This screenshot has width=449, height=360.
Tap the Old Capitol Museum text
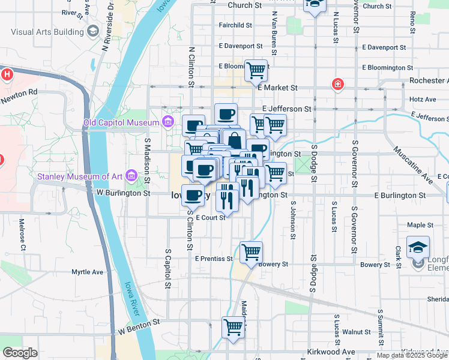122,123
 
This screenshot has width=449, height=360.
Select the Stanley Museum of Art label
80,176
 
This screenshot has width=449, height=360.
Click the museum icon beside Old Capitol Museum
168,123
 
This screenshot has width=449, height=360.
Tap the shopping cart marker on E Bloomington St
256,70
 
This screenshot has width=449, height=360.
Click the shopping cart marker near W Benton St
233,327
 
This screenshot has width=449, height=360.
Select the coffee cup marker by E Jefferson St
226,113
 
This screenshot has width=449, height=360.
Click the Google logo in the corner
20,353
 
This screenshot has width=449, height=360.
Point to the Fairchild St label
235,25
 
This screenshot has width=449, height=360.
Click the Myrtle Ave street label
88,272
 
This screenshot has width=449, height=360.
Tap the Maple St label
420,225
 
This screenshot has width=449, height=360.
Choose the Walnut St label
357,331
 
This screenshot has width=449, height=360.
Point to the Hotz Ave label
422,99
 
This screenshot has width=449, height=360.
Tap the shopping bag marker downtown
235,142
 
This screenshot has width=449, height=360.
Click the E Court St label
209,218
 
